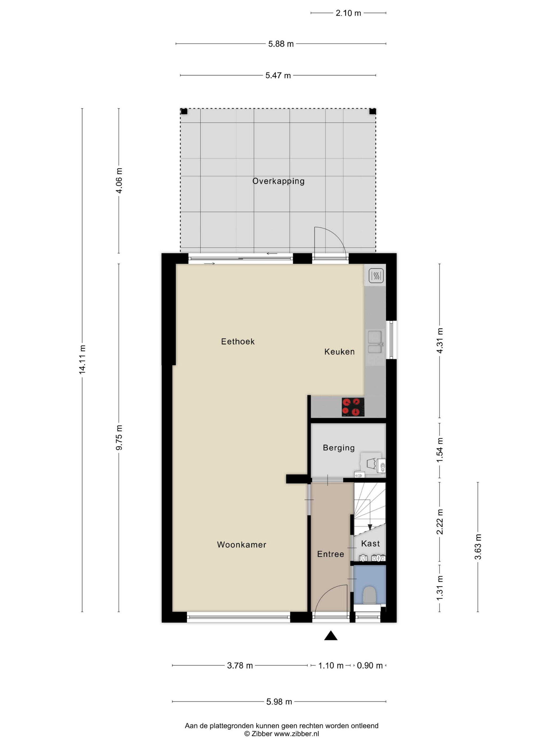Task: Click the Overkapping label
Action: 278,181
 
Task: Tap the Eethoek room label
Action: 238,341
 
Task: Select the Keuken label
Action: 339,352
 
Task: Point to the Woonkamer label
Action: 241,545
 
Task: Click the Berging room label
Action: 339,448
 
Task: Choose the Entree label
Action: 330,554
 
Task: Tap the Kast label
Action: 370,544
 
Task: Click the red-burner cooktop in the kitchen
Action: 353,407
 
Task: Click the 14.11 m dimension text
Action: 82,359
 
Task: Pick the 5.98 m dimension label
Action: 279,702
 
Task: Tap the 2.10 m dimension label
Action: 348,13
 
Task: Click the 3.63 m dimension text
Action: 478,547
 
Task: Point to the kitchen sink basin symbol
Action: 375,342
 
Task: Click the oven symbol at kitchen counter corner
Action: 375,275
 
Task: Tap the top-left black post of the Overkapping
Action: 184,111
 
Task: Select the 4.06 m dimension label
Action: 119,180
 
